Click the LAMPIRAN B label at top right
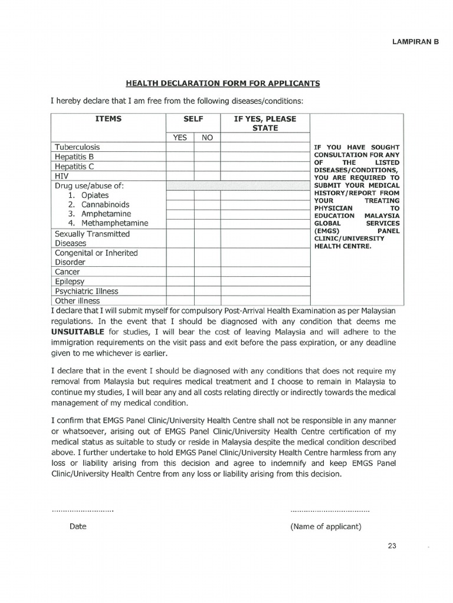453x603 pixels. [x=416, y=42]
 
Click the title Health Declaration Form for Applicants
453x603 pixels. [x=223, y=84]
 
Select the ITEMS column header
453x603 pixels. [x=109, y=119]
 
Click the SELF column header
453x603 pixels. [x=193, y=119]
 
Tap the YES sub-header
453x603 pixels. [x=180, y=137]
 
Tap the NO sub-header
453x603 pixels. [x=207, y=137]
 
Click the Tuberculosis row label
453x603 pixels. [x=77, y=147]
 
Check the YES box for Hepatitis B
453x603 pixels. [x=180, y=157]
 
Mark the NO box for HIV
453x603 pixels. [x=207, y=176]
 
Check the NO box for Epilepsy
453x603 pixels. [x=207, y=281]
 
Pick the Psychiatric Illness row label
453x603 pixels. [x=86, y=291]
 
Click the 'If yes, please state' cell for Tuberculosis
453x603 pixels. [x=265, y=147]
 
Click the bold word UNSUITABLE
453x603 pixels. [x=78, y=332]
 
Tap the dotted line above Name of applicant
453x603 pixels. [x=330, y=510]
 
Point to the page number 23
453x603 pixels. [x=392, y=546]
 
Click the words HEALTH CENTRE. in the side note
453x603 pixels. [x=343, y=246]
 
